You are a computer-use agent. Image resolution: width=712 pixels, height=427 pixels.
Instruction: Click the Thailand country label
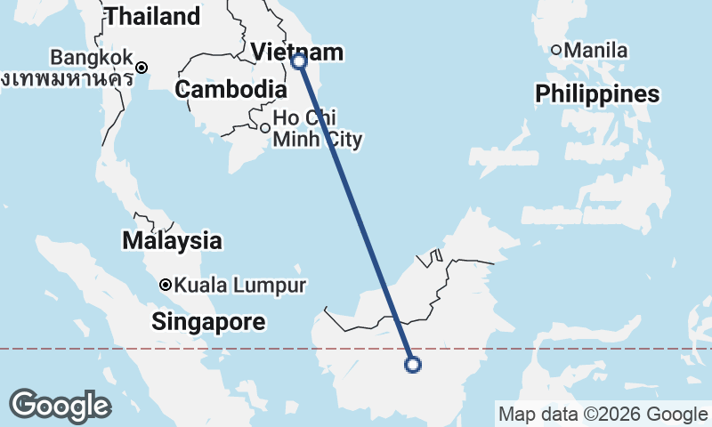(x=152, y=16)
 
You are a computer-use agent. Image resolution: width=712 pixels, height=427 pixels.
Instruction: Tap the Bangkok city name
(x=91, y=58)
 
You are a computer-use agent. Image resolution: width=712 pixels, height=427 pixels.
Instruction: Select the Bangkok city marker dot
(x=142, y=67)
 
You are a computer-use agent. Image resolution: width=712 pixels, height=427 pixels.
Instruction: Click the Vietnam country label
(x=296, y=52)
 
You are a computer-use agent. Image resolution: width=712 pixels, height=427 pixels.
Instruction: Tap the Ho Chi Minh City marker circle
(x=264, y=128)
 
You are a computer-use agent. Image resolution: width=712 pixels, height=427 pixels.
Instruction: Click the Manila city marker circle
(x=556, y=50)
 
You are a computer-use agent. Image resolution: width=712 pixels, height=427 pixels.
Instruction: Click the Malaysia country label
(x=172, y=240)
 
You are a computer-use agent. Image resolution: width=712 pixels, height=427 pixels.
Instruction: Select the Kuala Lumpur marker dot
(x=165, y=285)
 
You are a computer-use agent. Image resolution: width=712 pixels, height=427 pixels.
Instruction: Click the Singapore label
(x=208, y=322)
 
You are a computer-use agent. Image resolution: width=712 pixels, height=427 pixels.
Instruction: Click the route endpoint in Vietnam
(x=299, y=61)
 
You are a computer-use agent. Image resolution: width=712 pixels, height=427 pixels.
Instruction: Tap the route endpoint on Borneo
(x=412, y=363)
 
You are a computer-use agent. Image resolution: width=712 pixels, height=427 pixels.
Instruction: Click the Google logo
(x=60, y=406)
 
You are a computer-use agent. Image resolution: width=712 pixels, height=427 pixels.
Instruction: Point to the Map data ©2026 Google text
(x=602, y=414)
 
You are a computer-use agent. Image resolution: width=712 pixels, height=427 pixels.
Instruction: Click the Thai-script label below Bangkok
(x=68, y=78)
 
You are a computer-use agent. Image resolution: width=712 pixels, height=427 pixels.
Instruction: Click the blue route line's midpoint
(x=356, y=213)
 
